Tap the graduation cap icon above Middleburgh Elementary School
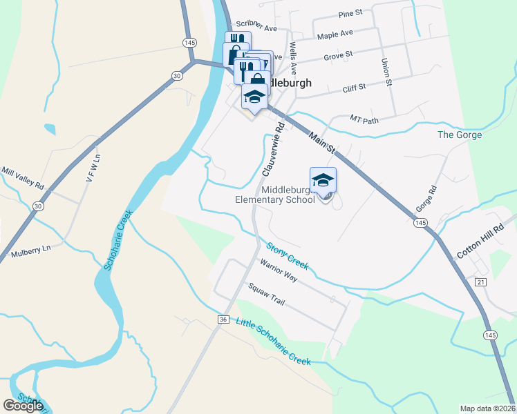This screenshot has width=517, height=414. tap(323, 181)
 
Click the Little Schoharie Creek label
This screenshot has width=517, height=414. tap(274, 341)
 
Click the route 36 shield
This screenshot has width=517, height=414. tap(223, 319)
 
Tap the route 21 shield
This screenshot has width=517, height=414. tap(481, 282)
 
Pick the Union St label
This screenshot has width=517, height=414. tap(386, 72)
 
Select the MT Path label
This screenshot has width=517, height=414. tap(365, 119)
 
